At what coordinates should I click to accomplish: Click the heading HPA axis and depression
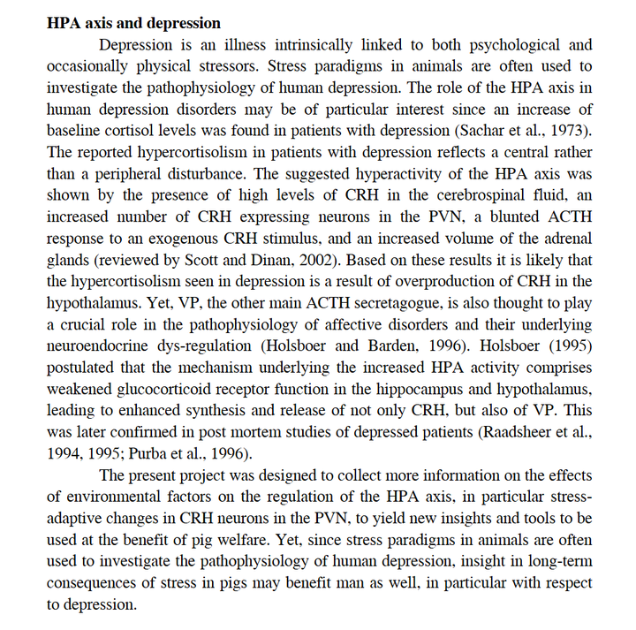coord(133,22)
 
